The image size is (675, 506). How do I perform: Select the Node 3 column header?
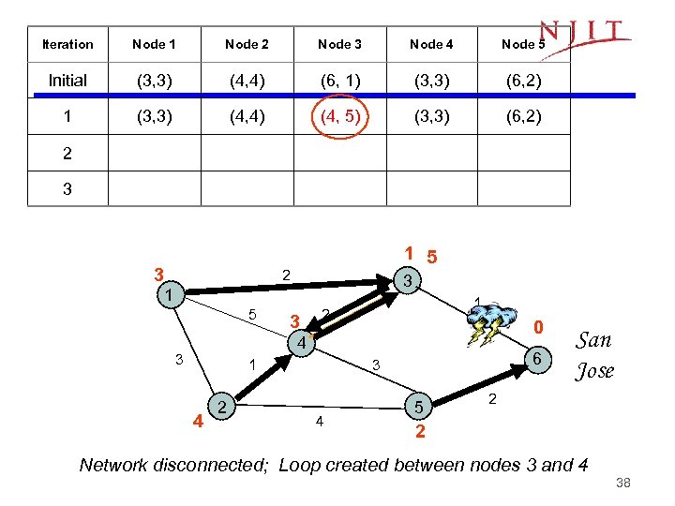click(x=339, y=44)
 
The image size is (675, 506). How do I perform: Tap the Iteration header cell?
click(x=67, y=44)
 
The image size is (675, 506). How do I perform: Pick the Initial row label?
click(x=67, y=81)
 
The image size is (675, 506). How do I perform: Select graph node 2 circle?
click(x=222, y=405)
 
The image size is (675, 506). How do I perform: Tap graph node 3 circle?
click(x=406, y=280)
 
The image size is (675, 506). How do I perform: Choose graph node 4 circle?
click(x=300, y=344)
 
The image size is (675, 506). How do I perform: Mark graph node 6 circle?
click(x=535, y=358)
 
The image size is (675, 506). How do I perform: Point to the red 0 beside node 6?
click(x=538, y=328)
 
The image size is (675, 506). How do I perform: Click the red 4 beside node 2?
click(x=198, y=420)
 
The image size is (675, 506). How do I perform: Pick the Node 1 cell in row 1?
click(x=154, y=117)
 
